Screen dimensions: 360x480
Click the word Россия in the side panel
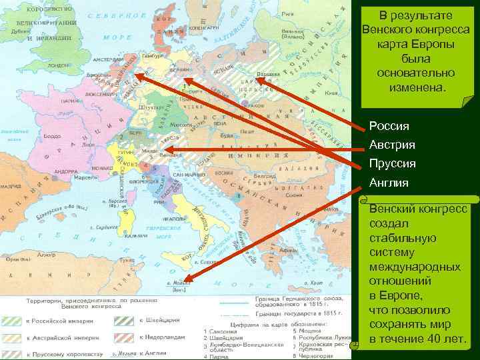click(x=389, y=126)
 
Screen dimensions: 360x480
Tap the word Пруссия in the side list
click(x=393, y=163)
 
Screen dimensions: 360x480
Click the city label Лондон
click(x=59, y=66)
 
